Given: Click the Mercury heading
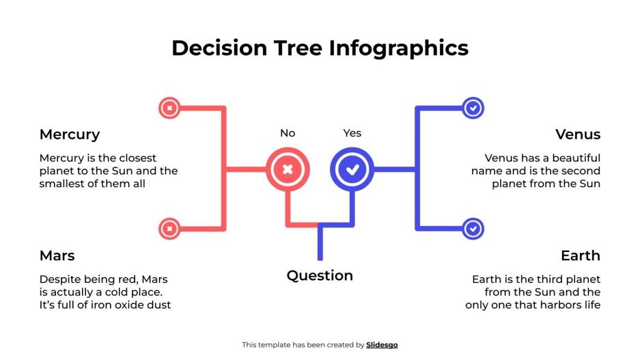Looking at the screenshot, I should pyautogui.click(x=70, y=135).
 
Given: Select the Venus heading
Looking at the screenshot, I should pyautogui.click(x=578, y=135).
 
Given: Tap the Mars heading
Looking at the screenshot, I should pyautogui.click(x=57, y=256).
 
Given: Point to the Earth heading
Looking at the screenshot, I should pyautogui.click(x=581, y=256).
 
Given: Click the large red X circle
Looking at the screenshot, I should pyautogui.click(x=288, y=169).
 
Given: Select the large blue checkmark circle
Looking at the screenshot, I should pyautogui.click(x=352, y=169).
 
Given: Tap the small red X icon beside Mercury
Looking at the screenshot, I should pyautogui.click(x=169, y=107).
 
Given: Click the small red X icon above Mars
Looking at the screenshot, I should pyautogui.click(x=169, y=229).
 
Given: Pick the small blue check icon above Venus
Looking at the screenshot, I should pyautogui.click(x=473, y=107).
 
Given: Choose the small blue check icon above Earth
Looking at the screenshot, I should pyautogui.click(x=473, y=229).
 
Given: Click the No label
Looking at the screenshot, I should pyautogui.click(x=288, y=133).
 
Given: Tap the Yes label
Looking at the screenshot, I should pyautogui.click(x=352, y=133).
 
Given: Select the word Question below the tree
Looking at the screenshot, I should pyautogui.click(x=320, y=276).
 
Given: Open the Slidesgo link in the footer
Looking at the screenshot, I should pyautogui.click(x=382, y=345).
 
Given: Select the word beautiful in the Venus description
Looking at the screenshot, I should pyautogui.click(x=575, y=158).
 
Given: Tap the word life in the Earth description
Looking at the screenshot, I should pyautogui.click(x=592, y=305).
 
